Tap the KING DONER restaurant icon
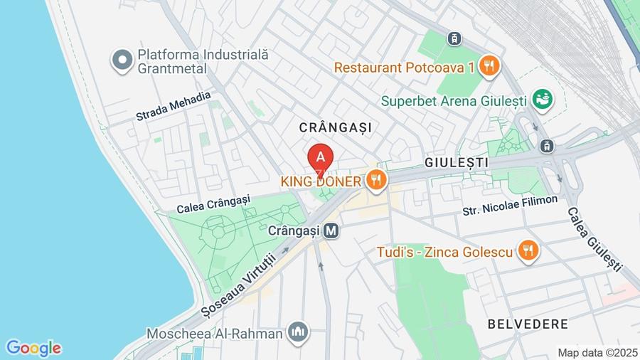pyautogui.click(x=377, y=180)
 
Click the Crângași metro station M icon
pyautogui.click(x=331, y=231)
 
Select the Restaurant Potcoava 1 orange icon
pyautogui.click(x=489, y=67)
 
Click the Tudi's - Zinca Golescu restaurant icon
pyautogui.click(x=528, y=250)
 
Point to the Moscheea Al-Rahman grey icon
pyautogui.click(x=298, y=332)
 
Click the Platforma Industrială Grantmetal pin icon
pyautogui.click(x=123, y=60)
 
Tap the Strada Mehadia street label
pyautogui.click(x=174, y=106)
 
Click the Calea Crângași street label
pyautogui.click(x=213, y=203)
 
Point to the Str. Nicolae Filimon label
pyautogui.click(x=510, y=206)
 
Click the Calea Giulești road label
pyautogui.click(x=594, y=239)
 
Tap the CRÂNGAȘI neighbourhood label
pyautogui.click(x=336, y=127)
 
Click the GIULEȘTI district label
pyautogui.click(x=456, y=162)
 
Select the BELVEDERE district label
pyautogui.click(x=528, y=324)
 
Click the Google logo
pyautogui.click(x=33, y=348)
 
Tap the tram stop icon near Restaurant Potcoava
pyautogui.click(x=454, y=38)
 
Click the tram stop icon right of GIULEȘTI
pyautogui.click(x=546, y=146)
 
